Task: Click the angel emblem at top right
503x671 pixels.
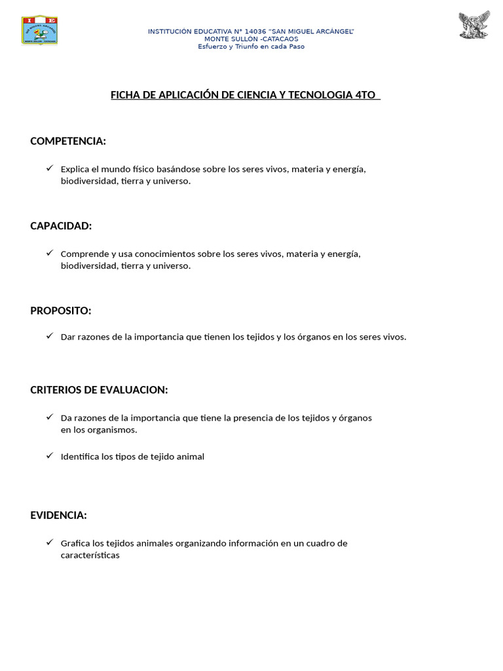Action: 474,26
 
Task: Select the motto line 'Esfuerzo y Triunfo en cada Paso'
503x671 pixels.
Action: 251,47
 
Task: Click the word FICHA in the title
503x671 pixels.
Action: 124,95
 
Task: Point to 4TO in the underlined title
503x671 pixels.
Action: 365,95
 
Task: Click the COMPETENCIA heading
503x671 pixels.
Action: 68,141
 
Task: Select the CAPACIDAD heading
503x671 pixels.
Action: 61,225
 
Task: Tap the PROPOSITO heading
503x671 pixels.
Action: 61,310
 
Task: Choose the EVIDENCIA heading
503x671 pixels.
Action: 58,515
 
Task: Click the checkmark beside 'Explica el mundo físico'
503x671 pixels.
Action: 50,168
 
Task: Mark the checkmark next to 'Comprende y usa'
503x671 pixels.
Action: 50,253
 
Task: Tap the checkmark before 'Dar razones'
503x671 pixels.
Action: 50,336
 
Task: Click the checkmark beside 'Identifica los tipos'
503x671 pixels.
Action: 50,455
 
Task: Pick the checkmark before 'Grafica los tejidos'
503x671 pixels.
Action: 50,543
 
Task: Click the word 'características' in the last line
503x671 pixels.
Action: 90,556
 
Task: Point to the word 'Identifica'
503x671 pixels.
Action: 80,457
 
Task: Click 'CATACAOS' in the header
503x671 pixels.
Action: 278,39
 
